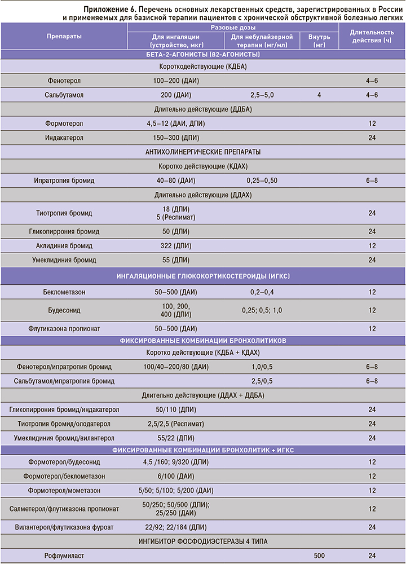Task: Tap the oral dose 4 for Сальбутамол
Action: (x=319, y=95)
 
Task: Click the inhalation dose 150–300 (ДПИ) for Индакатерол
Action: (x=174, y=138)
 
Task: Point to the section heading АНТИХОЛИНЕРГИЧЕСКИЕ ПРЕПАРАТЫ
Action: (x=203, y=152)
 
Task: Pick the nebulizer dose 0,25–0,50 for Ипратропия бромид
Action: (x=262, y=180)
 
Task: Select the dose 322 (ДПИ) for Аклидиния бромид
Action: (x=174, y=246)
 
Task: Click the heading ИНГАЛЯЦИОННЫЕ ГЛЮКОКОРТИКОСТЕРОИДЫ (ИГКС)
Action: (x=203, y=276)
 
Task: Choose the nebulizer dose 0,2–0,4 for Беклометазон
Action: (x=262, y=293)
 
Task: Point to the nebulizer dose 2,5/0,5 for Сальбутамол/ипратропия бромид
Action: (x=262, y=381)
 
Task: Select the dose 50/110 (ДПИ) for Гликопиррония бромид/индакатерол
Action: (x=174, y=409)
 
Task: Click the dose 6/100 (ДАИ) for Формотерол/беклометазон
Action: (x=174, y=476)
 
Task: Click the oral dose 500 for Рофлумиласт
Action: (x=319, y=556)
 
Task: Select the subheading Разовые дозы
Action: (x=233, y=27)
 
